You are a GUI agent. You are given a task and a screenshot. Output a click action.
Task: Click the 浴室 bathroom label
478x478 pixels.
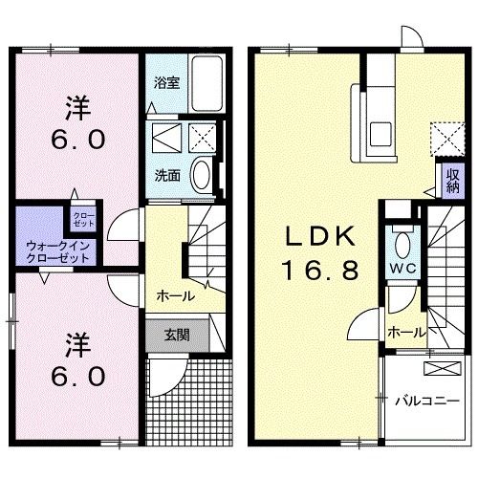click(x=166, y=82)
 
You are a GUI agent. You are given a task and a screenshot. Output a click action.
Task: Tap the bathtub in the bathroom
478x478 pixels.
click(x=205, y=77)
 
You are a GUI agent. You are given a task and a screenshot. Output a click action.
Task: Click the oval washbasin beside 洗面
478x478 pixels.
click(x=203, y=174)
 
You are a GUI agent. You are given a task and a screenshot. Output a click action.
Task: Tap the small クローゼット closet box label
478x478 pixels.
click(x=83, y=218)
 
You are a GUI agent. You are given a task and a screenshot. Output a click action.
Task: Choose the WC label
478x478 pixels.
click(x=401, y=268)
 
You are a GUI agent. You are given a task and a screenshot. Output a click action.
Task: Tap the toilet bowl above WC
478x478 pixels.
click(x=401, y=242)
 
